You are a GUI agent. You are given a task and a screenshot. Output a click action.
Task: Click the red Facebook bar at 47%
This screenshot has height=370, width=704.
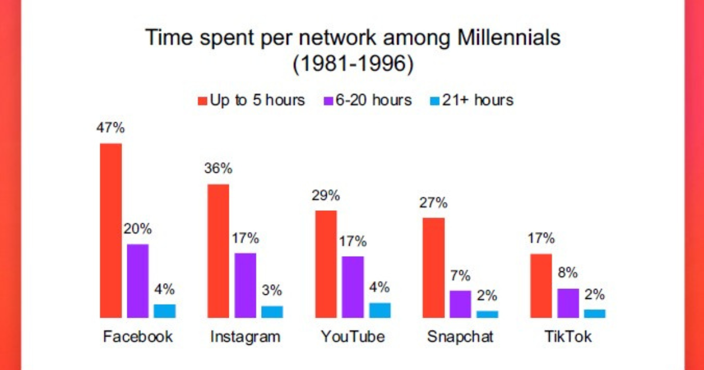pos(111,231)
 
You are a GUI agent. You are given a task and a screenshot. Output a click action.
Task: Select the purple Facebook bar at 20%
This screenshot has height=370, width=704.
pos(138,281)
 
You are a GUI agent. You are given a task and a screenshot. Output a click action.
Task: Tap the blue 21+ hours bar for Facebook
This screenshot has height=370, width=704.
pos(165,311)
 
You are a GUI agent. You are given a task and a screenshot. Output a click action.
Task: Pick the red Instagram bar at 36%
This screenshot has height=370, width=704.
pos(218,251)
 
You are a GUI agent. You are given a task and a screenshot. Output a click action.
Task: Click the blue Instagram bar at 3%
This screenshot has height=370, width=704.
pos(272,312)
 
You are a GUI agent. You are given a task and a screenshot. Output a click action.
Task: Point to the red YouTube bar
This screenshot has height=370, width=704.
pos(326,264)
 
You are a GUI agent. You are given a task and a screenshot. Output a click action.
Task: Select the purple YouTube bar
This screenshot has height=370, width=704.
pos(353,287)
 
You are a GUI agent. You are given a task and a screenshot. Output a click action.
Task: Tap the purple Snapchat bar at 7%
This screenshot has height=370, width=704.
pos(461,304)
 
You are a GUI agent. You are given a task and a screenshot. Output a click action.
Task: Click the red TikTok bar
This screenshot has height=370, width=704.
pos(541,285)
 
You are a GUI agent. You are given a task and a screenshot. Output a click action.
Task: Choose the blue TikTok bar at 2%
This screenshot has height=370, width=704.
pos(595,314)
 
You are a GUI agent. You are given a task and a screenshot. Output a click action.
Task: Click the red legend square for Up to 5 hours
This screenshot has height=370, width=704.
pos(202,101)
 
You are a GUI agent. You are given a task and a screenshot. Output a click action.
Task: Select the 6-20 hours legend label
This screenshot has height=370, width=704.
pos(374,100)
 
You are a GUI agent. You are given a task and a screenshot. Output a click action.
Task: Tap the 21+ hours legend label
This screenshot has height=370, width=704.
pos(478,100)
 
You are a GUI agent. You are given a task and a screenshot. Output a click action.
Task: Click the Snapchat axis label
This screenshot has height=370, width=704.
pos(461,337)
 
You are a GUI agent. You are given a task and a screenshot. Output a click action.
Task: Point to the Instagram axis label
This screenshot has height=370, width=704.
pos(245,337)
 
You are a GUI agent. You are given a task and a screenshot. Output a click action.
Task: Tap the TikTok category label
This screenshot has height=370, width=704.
pos(568,337)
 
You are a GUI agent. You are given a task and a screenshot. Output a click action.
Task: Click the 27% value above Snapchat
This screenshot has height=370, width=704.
pos(433,203)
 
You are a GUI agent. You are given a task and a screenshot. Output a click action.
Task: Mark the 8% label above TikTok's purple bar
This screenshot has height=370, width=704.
pos(568,273)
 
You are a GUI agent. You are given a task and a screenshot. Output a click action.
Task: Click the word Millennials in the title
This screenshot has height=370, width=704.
pos(509,38)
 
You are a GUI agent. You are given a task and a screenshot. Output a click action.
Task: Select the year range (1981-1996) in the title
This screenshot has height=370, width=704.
pos(353,64)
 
